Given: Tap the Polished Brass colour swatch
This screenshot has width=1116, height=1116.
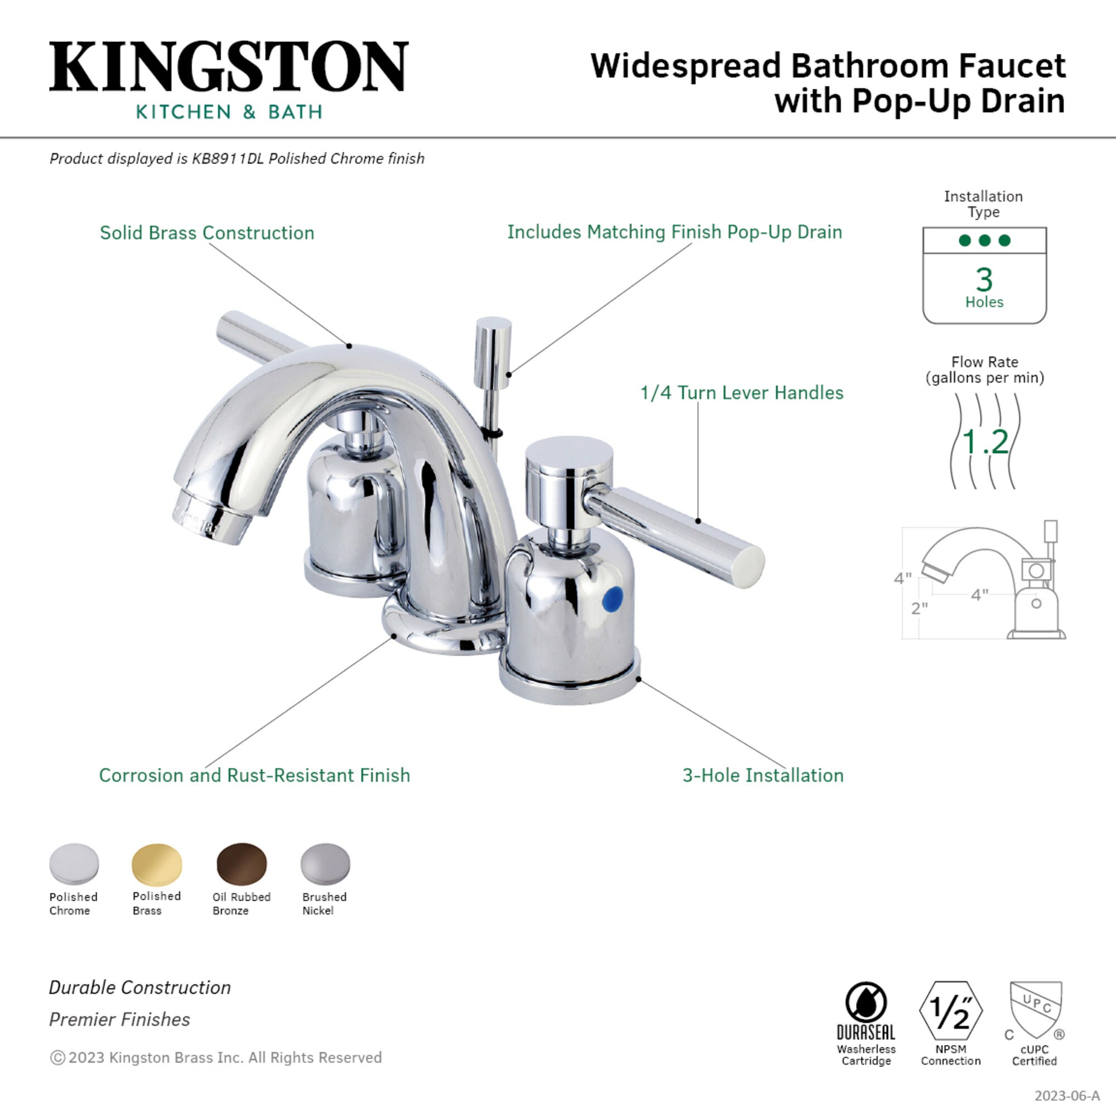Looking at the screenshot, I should [157, 864].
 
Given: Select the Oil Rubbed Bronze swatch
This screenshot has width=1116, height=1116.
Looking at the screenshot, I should [242, 864].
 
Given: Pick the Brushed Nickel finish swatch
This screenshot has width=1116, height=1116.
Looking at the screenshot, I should [325, 864].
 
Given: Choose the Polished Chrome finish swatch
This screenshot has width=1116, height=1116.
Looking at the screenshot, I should [74, 864].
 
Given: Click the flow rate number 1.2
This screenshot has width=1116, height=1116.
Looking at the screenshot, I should [985, 442].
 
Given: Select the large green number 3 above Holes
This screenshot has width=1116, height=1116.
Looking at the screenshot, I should [984, 280].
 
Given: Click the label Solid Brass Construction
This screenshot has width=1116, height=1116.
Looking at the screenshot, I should [207, 233].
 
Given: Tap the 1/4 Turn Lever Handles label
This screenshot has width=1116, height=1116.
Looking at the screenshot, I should [742, 393].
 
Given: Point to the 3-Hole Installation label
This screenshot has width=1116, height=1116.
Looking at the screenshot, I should [762, 775].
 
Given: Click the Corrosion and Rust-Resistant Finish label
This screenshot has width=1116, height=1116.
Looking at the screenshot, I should [254, 775].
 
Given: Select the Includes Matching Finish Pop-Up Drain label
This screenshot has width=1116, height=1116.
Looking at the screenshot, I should [674, 232].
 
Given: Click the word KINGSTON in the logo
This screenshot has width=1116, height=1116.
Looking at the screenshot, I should [229, 66].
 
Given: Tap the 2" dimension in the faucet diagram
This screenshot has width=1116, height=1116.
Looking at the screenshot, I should [919, 608].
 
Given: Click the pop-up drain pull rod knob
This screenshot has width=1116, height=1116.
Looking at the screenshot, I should [492, 352].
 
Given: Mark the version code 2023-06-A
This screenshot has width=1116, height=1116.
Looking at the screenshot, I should [1066, 1096].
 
